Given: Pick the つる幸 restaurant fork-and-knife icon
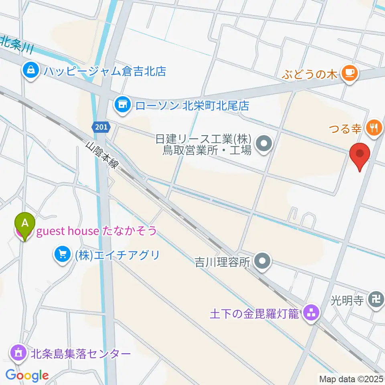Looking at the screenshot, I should click(x=374, y=128).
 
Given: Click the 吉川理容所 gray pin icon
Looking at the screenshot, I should click(x=263, y=262).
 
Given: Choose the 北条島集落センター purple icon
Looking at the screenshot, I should click(x=18, y=354).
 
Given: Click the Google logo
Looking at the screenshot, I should click(x=27, y=375).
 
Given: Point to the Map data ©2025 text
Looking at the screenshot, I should click(x=351, y=378).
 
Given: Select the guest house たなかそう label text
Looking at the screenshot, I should click(x=96, y=231).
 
